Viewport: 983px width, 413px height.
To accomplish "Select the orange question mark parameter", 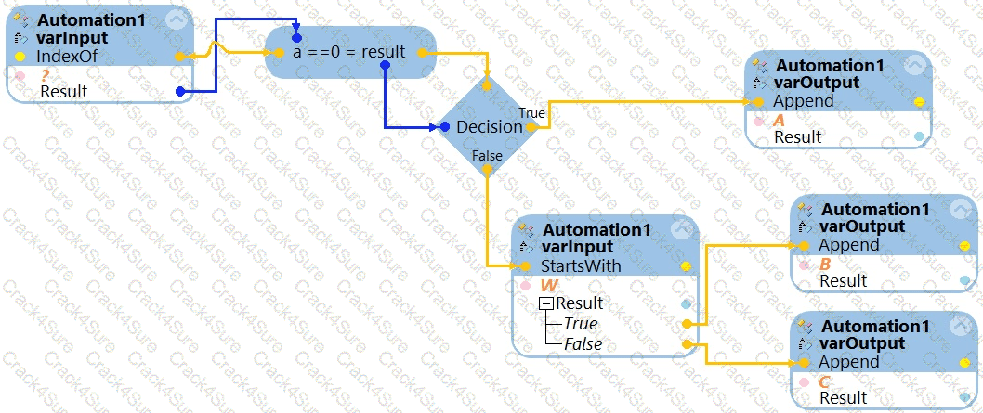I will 44,74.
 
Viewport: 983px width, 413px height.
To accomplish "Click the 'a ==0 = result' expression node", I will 349,52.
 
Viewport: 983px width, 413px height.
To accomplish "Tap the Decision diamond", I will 489,126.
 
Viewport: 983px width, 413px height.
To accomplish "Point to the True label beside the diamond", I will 531,112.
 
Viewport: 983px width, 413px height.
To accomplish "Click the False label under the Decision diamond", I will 487,156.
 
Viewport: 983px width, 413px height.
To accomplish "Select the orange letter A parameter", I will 780,120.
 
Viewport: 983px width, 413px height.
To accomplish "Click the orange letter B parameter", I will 825,264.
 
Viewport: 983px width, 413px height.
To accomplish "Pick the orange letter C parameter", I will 824,381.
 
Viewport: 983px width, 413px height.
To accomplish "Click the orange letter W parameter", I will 549,285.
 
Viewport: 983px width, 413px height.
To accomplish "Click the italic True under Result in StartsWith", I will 581,324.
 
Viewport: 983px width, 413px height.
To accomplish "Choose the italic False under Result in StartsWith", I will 583,343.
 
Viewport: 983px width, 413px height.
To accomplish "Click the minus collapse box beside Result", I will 547,303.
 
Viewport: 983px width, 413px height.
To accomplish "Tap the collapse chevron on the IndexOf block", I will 174,21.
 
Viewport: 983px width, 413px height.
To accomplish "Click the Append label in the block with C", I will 848,362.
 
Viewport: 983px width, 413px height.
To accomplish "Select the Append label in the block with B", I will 848,245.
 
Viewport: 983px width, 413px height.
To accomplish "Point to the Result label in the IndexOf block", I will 64,91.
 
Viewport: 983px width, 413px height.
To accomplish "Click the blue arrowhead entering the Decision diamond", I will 444,126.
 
